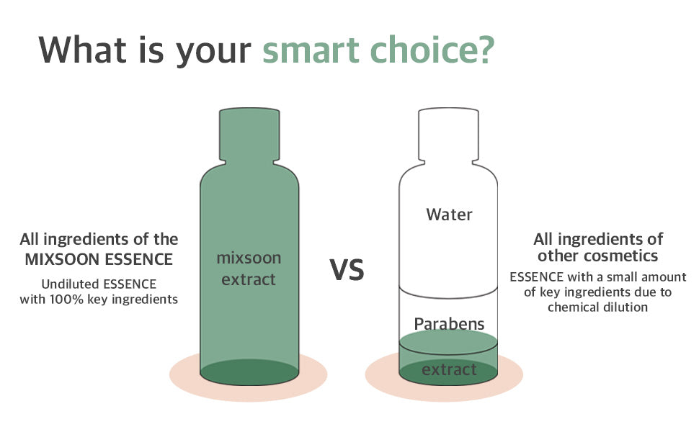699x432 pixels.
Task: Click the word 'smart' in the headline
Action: (311, 50)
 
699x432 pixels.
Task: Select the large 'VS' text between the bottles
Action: (347, 269)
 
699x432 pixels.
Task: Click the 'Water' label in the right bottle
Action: (449, 215)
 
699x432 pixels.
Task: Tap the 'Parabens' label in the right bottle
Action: (449, 324)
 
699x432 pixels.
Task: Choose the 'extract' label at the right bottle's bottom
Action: (449, 369)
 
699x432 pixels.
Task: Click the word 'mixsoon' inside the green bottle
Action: (249, 258)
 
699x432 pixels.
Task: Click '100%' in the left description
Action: (66, 300)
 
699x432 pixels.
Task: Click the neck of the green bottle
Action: (249, 135)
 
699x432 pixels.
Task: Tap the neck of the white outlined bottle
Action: (448, 135)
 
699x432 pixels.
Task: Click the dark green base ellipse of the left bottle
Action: (249, 372)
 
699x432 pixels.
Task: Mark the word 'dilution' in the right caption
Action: (625, 307)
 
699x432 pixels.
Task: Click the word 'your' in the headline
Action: (213, 53)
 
